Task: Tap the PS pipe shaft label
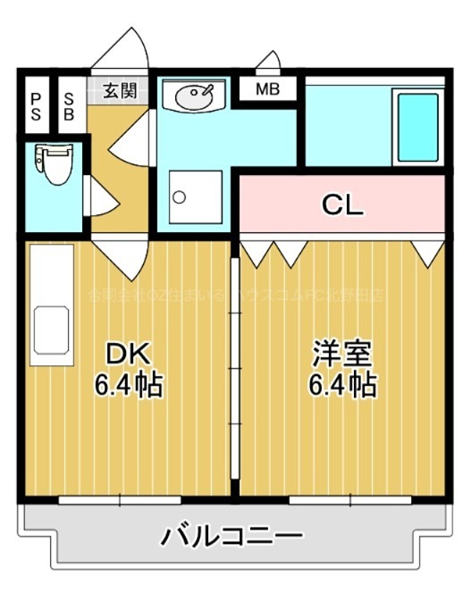[36, 105]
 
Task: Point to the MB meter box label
[266, 90]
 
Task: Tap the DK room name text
[127, 355]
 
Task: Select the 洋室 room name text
[341, 355]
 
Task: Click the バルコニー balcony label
[233, 538]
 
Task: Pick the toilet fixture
[55, 165]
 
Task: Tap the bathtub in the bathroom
[417, 125]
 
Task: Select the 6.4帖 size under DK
[128, 386]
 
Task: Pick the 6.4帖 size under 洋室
[342, 386]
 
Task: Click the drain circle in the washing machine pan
[180, 196]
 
